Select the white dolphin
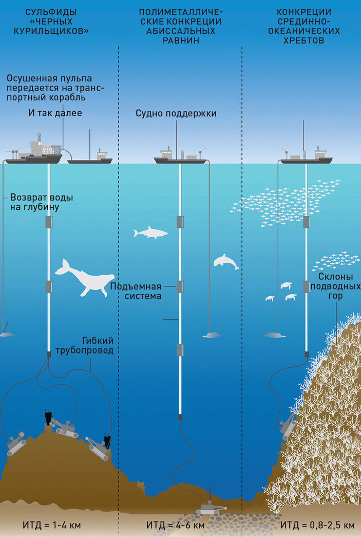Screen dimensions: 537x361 point(226,262)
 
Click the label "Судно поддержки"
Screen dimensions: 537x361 point(176,113)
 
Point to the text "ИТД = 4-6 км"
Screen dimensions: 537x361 point(175,526)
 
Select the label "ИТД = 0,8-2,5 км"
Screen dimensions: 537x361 point(317,526)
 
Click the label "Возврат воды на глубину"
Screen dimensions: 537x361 point(42,202)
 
